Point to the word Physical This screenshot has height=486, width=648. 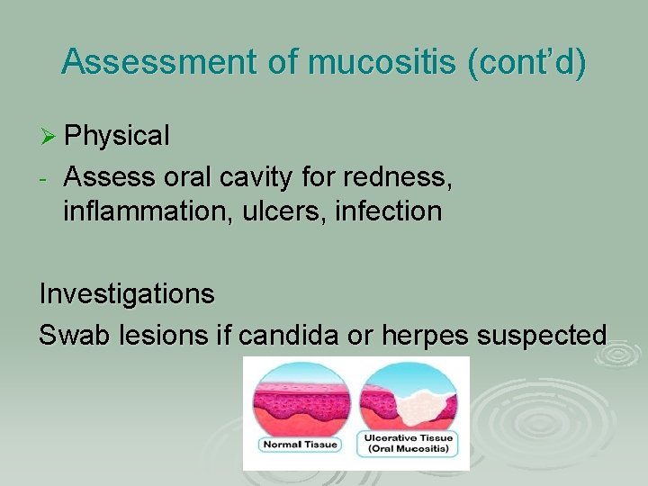[x=117, y=136]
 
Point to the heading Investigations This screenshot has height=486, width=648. [x=127, y=293]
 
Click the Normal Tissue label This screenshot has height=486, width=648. [x=301, y=444]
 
